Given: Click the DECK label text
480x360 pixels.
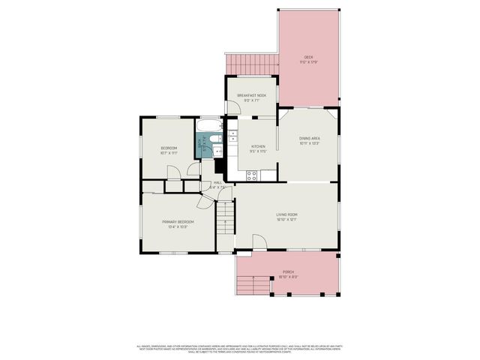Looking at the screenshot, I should [308, 58].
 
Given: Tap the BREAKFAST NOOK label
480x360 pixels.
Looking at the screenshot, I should [251, 95].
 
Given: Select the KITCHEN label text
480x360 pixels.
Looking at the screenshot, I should [258, 146].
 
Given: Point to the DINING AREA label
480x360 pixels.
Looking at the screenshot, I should [310, 138].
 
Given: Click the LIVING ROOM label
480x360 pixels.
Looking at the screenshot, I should [286, 214].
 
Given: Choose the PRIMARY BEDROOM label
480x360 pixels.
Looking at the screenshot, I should [178, 222].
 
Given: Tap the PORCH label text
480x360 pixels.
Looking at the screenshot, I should [288, 272].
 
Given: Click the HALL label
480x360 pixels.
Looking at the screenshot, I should [217, 182].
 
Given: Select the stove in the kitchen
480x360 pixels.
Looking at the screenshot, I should [252, 175].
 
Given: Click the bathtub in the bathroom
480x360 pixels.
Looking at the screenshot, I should [211, 127].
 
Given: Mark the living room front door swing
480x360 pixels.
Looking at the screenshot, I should [259, 241].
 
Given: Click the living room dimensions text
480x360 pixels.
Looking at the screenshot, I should [286, 220].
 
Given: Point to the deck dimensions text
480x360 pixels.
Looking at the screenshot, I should [308, 63].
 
